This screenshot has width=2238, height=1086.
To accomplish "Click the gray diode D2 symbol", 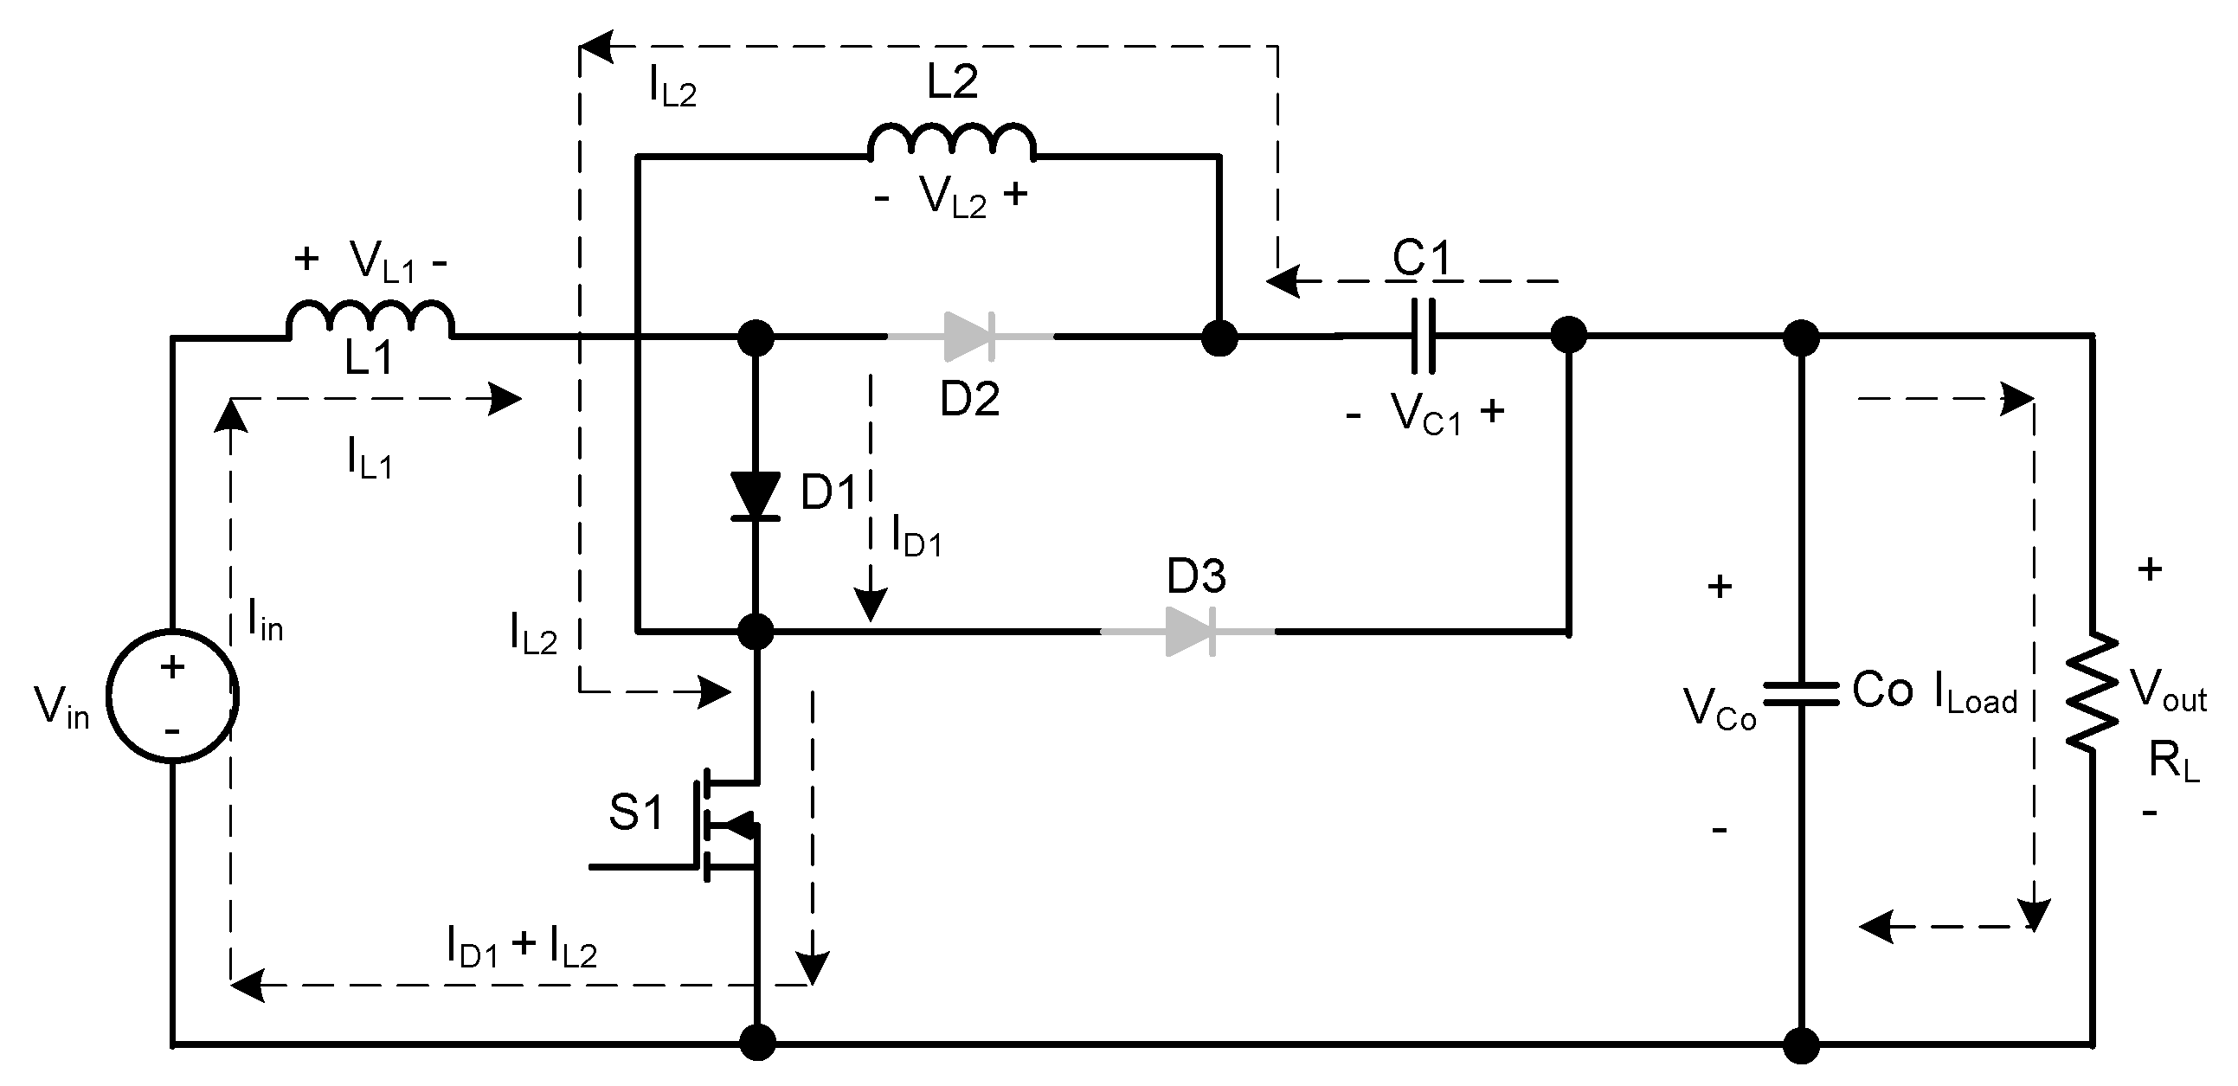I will (x=969, y=337).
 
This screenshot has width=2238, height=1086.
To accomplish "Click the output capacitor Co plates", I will (x=1801, y=693).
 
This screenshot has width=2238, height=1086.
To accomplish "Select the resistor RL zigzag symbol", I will (x=2092, y=692).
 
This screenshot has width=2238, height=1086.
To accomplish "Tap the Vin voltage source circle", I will (x=172, y=696).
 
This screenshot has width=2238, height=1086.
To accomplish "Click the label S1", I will (x=635, y=813).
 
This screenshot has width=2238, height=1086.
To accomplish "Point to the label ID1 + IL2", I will (x=521, y=947).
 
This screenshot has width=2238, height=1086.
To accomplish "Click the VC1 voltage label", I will (x=1425, y=414).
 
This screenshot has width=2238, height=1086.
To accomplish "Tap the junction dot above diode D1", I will (x=755, y=337).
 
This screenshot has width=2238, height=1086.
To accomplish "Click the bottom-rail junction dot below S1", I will (x=756, y=1043).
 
